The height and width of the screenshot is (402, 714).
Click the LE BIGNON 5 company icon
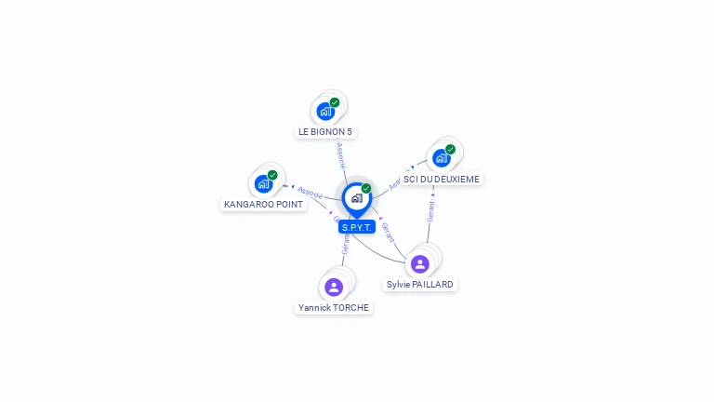coord(325,112)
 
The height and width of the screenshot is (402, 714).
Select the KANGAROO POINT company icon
coord(263,183)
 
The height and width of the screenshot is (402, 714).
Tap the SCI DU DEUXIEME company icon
coord(442,158)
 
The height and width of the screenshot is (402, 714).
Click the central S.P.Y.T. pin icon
coord(356,198)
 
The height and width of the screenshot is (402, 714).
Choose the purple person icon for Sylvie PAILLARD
coord(420,264)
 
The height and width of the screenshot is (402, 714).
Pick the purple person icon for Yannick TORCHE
coord(334,287)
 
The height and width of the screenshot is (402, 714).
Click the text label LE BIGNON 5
coord(325,132)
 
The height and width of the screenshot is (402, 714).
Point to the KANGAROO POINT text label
coord(264,204)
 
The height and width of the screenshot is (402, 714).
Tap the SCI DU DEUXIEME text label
coord(442,179)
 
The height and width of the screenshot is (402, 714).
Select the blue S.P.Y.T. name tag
coord(356,227)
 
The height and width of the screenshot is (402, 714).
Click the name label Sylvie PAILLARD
coord(421,284)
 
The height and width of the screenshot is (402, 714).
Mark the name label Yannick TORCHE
coord(334,307)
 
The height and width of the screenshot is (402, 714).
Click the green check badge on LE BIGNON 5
coord(335,102)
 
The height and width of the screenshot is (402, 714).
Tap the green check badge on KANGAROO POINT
coord(272,175)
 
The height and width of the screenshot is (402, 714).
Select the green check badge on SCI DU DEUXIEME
coord(451,149)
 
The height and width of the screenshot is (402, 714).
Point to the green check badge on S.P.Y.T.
coord(366,188)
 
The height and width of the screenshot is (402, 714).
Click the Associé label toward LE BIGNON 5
coord(340,154)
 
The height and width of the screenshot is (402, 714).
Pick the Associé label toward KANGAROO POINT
coord(310,194)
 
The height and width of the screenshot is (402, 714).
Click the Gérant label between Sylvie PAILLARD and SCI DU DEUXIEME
coord(430,210)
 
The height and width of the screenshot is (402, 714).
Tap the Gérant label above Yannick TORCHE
coord(346,244)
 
